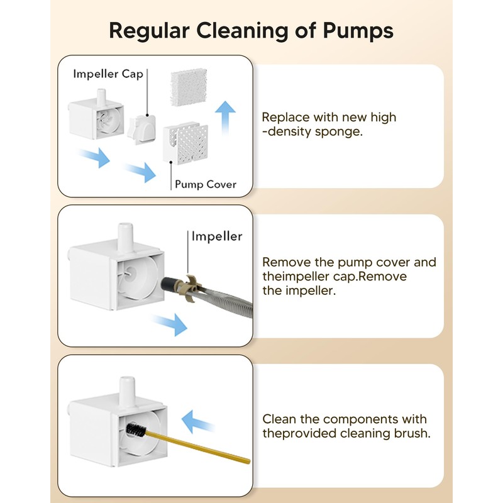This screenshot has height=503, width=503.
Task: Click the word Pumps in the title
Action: tap(358, 31)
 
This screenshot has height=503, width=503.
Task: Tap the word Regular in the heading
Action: tap(149, 31)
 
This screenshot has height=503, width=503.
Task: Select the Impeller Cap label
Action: tap(108, 74)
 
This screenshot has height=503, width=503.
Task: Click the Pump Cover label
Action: tap(206, 184)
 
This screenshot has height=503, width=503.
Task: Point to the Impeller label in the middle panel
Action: tap(217, 236)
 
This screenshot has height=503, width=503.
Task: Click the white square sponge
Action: tap(189, 87)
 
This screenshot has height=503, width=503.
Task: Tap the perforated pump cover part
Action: tap(185, 142)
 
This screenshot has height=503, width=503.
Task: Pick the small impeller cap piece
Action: tap(141, 130)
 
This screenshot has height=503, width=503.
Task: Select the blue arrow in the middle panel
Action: tap(170, 324)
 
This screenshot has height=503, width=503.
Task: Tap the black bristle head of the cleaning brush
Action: tap(136, 430)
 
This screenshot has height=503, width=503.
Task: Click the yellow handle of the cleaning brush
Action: tap(198, 447)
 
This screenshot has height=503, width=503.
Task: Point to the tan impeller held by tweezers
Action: tap(190, 288)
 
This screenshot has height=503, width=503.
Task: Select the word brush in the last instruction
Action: tap(412, 433)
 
